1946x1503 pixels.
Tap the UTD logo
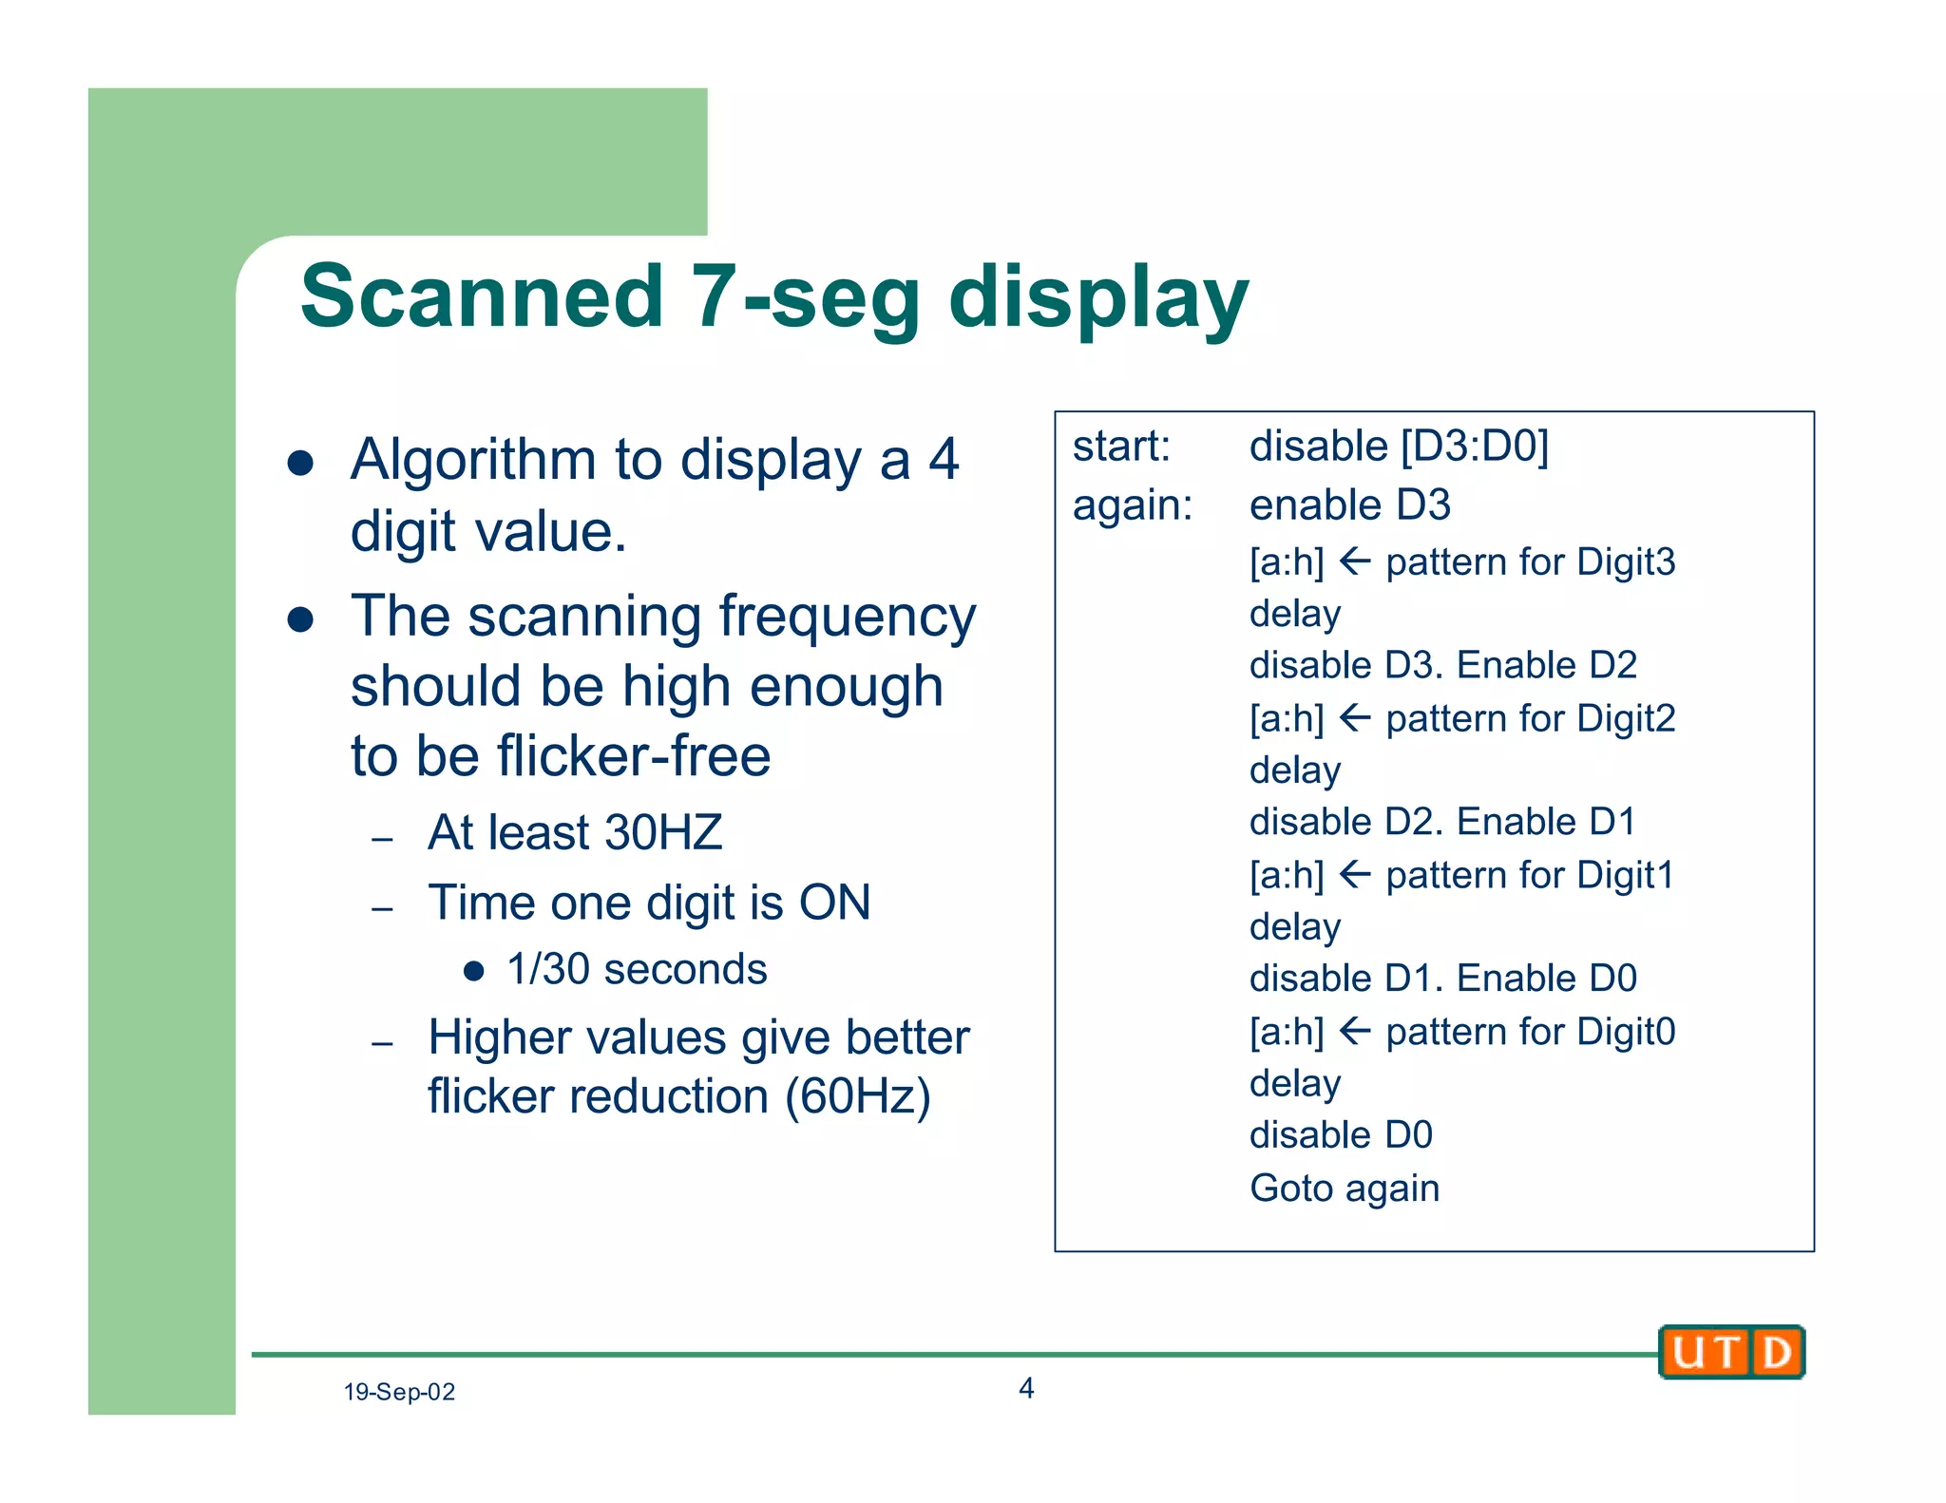pos(1731,1351)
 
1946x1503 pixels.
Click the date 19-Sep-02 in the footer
pos(399,1392)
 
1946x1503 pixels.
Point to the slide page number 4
pos(1026,1388)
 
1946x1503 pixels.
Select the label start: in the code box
pos(1121,447)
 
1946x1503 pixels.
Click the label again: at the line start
pos(1132,505)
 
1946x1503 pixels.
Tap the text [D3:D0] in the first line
pos(1475,447)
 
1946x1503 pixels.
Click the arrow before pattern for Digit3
pos(1355,561)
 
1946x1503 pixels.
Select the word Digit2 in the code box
pos(1626,718)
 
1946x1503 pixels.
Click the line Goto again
pos(1345,1188)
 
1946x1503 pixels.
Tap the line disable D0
pos(1341,1134)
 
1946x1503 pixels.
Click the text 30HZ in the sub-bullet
pos(663,832)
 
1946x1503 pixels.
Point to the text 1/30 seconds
pos(637,970)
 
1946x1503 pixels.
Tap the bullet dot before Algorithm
pos(301,463)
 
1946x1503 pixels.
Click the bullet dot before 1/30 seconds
pos(474,971)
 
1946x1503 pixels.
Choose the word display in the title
pos(1098,297)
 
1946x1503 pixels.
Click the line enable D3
pos(1349,505)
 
